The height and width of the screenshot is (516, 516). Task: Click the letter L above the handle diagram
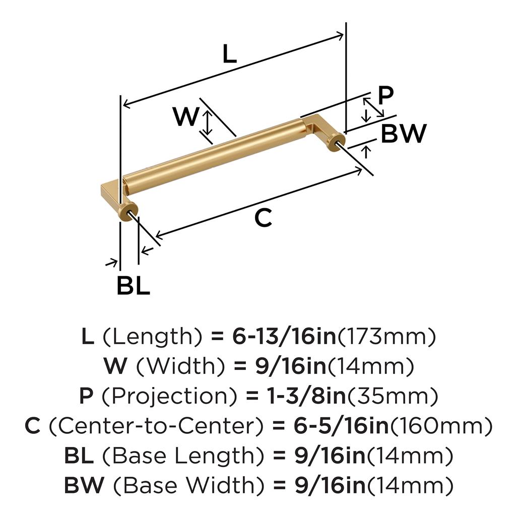pyautogui.click(x=229, y=54)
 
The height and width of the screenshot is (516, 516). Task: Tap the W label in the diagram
pyautogui.click(x=186, y=116)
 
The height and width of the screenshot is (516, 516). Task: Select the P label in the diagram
pyautogui.click(x=385, y=95)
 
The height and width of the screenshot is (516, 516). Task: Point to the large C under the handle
pyautogui.click(x=263, y=218)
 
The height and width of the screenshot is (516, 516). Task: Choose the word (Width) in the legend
pyautogui.click(x=181, y=366)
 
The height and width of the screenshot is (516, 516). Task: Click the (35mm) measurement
pyautogui.click(x=393, y=396)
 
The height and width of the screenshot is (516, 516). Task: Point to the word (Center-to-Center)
pyautogui.click(x=156, y=426)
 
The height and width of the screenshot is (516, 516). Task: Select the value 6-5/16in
pyautogui.click(x=341, y=426)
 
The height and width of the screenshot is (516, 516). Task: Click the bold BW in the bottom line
pyautogui.click(x=84, y=485)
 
